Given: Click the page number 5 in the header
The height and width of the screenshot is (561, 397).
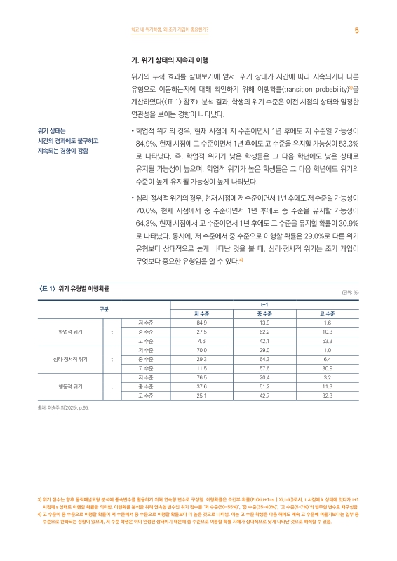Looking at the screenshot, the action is pyautogui.click(x=357, y=30).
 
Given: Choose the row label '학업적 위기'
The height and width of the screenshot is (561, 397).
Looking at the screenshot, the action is pyautogui.click(x=71, y=331).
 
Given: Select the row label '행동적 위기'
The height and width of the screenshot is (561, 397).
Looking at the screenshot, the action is pyautogui.click(x=71, y=386).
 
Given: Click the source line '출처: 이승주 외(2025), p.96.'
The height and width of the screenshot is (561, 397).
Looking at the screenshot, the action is pyautogui.click(x=63, y=407).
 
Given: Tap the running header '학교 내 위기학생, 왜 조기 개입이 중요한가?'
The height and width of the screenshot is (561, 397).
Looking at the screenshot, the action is pyautogui.click(x=165, y=30).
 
